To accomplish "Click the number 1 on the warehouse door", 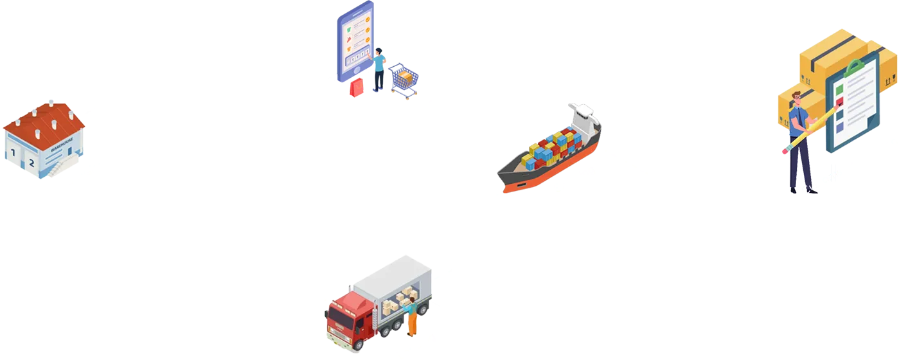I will click(12, 153).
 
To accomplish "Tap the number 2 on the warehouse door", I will click(31, 163).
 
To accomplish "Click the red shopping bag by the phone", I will click(357, 87).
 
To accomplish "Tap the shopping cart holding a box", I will click(404, 80).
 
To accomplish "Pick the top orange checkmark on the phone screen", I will click(367, 19).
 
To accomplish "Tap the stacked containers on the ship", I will click(551, 148).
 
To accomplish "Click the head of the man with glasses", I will click(797, 99).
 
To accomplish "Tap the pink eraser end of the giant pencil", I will click(785, 152).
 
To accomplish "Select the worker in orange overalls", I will click(410, 318).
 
